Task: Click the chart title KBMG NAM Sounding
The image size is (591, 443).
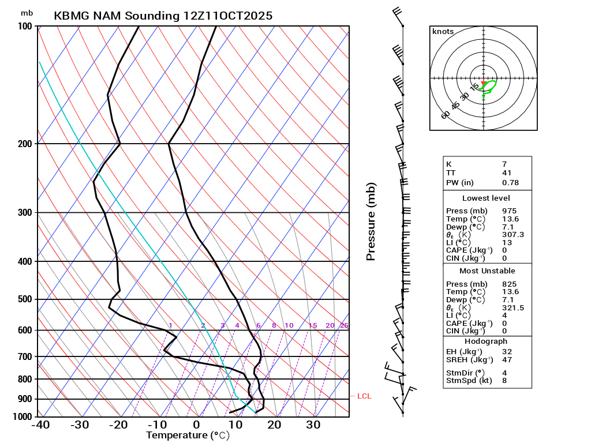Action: pos(163,16)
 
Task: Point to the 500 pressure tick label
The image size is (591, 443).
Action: pos(25,299)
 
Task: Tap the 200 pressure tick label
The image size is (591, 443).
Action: pos(25,144)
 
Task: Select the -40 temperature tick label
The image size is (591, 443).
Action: pos(40,426)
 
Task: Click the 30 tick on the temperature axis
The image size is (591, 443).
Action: pos(313,426)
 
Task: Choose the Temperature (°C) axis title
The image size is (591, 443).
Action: pos(188,436)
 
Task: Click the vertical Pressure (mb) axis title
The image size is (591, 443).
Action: pos(371,221)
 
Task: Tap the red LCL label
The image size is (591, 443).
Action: pos(364,396)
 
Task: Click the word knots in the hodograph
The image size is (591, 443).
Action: pos(443,32)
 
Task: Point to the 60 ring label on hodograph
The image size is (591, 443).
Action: pos(446,115)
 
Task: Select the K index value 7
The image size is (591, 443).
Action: pos(504,164)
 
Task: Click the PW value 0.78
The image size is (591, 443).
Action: pos(510,183)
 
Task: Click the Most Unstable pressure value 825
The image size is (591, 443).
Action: pos(508,284)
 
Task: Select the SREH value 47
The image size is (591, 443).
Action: pos(507,360)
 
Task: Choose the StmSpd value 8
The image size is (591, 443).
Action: pos(504,381)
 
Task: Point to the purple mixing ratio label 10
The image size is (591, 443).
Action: pos(289,326)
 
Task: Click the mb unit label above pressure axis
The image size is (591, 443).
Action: pos(27,13)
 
